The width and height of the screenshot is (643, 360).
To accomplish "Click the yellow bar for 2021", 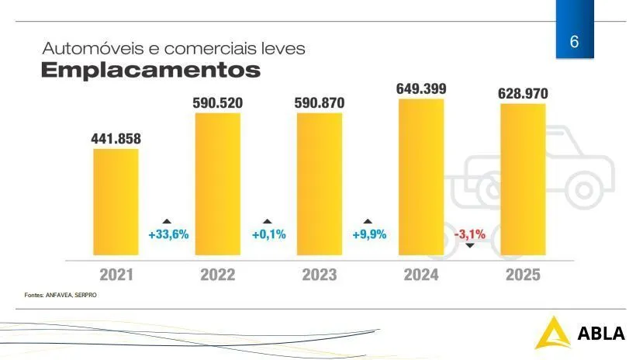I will point(116,202).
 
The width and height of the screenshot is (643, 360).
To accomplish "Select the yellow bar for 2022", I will point(217,184).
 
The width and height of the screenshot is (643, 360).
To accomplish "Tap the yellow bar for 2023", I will point(319,184).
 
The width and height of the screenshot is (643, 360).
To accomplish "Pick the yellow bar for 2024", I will point(421,177).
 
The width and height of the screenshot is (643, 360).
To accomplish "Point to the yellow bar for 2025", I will point(523,179).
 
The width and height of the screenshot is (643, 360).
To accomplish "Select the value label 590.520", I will point(218,102).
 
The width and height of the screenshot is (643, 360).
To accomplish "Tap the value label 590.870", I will point(320,102).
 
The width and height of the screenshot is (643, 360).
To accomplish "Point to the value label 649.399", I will point(421,88).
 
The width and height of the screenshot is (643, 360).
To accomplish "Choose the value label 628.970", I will point(523,94).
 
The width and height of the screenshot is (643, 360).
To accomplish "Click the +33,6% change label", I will point(168,234).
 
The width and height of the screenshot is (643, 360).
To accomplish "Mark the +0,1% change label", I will point(268,234).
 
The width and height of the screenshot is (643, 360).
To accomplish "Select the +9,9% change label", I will point(369,234).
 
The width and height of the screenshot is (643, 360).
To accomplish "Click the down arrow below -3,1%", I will point(469,246).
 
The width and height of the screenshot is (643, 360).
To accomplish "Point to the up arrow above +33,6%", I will point(167,221).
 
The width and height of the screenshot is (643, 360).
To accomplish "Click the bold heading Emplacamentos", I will point(150,71).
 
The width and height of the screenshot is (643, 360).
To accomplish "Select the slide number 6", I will point(575,42).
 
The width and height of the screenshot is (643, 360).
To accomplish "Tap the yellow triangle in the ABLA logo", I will point(551,333).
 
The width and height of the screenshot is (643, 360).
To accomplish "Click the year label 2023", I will point(319,275).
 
